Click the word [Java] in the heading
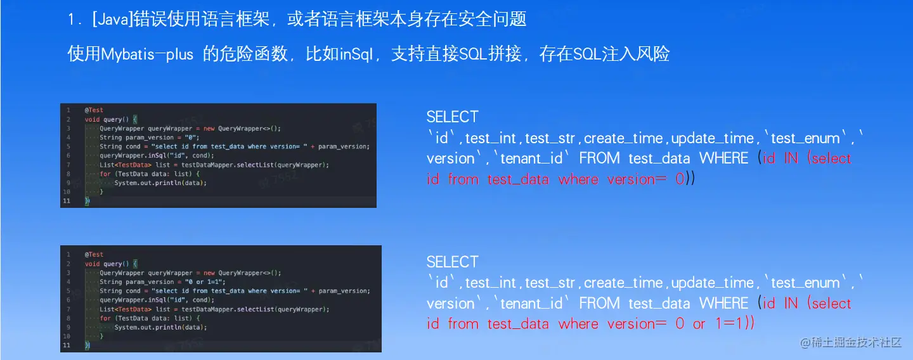pos(113,20)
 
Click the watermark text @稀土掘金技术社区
pos(851,342)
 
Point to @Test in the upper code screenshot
pos(94,110)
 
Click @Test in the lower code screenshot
pos(94,255)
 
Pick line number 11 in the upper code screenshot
pos(66,201)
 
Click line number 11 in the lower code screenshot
pos(66,345)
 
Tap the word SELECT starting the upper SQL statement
pos(453,117)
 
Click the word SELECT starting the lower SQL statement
pos(453,262)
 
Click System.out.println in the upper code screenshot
pos(148,183)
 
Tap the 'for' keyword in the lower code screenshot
pos(105,318)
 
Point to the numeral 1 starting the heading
pos(71,20)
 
